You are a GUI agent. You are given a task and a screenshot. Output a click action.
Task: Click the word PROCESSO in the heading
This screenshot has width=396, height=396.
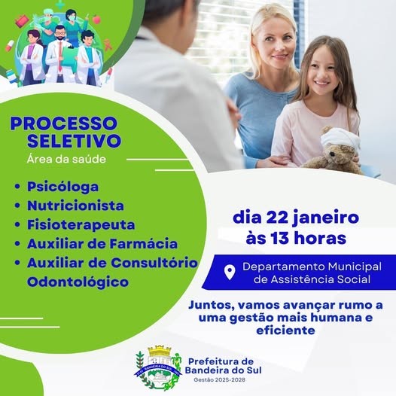(x=64, y=123)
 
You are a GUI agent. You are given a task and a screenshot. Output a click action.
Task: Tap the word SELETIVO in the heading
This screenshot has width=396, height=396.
(x=74, y=141)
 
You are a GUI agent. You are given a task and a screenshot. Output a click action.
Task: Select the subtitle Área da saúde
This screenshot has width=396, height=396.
(x=66, y=159)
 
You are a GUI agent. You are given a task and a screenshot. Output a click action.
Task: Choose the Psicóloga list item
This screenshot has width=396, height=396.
(x=63, y=187)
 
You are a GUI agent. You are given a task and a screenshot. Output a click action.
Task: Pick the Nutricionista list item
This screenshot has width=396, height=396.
(x=75, y=206)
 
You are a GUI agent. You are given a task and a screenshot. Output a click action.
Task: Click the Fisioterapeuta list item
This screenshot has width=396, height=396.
(x=81, y=225)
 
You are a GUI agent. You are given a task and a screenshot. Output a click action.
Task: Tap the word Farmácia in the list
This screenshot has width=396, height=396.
(x=144, y=244)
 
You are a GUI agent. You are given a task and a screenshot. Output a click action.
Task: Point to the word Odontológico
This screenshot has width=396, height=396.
(x=78, y=282)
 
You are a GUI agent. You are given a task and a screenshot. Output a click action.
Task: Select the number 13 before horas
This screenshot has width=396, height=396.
(x=280, y=238)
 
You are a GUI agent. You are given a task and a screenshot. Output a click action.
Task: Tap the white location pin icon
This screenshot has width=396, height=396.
(x=230, y=273)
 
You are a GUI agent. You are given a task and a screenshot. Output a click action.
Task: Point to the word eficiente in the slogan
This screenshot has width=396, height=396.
(x=285, y=331)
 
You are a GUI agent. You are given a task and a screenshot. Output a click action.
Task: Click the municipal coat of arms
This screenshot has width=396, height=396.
(x=158, y=367)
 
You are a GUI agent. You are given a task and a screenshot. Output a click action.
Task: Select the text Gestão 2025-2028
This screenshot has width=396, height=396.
(x=220, y=380)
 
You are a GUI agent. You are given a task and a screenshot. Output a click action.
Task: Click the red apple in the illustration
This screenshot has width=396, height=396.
(x=96, y=19)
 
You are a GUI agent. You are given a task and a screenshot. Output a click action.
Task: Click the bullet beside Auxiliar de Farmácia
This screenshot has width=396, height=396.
(x=17, y=244)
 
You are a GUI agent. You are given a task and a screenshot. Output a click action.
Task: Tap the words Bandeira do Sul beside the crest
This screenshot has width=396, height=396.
(x=224, y=370)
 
